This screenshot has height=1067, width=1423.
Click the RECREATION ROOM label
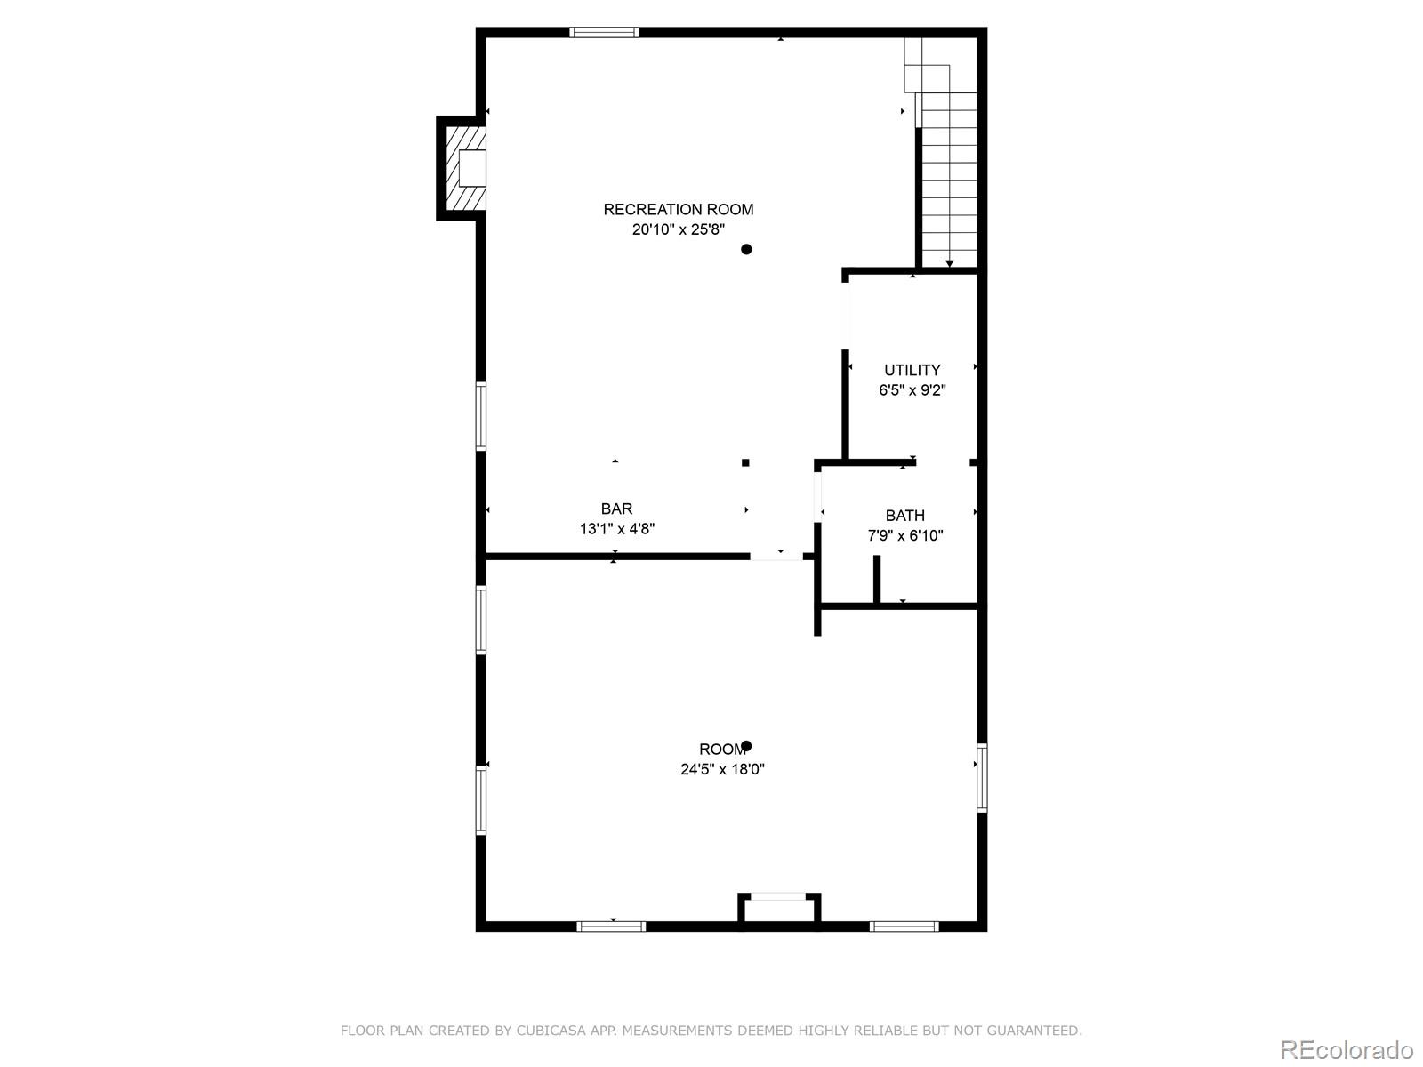(x=679, y=209)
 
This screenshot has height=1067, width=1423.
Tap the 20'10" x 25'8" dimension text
(x=679, y=229)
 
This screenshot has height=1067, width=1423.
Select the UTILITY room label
(x=912, y=370)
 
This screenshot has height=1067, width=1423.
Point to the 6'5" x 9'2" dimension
(x=912, y=390)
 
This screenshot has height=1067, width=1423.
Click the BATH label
(x=904, y=516)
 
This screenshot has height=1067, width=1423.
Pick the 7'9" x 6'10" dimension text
(x=904, y=536)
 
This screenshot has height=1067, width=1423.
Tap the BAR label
(x=616, y=509)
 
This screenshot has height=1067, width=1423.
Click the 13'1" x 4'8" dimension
(x=617, y=529)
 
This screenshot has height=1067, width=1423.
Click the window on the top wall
(x=604, y=33)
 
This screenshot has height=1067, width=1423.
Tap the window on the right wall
(x=982, y=778)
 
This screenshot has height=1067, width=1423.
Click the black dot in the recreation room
(x=746, y=249)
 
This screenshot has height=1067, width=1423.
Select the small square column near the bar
(x=745, y=462)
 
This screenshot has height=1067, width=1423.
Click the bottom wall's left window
(x=611, y=927)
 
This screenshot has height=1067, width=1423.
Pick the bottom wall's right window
(x=904, y=927)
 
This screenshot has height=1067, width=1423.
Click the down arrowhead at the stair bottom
(x=949, y=263)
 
